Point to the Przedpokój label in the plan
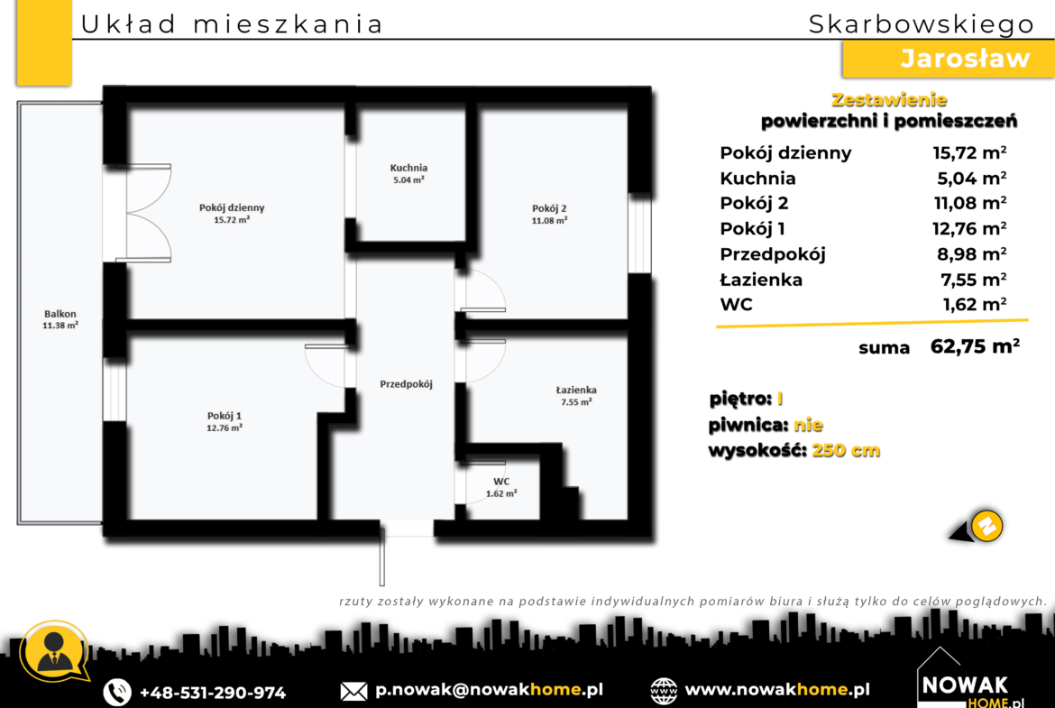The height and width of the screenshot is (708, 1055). coord(406,384)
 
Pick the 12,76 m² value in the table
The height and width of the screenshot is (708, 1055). coord(968,229)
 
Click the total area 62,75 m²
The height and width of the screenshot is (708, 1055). coord(974,346)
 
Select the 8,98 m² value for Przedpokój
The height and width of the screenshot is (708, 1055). coord(971,254)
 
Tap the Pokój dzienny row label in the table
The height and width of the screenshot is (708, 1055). coord(785,153)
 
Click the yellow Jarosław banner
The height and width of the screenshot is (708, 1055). coord(948,60)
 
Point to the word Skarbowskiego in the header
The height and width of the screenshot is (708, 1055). coord(922,24)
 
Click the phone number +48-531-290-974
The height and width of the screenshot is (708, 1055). coord(213,693)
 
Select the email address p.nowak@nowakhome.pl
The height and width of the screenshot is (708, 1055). coord(489,690)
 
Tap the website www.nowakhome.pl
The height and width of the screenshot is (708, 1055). coord(777,690)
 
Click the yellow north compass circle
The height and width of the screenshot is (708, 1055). coord(986,526)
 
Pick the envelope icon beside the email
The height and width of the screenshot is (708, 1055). coord(353,691)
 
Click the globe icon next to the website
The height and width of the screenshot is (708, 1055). coord(664,691)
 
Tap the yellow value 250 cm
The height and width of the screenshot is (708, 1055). coord(846,450)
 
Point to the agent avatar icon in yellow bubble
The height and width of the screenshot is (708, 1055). coord(54,652)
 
